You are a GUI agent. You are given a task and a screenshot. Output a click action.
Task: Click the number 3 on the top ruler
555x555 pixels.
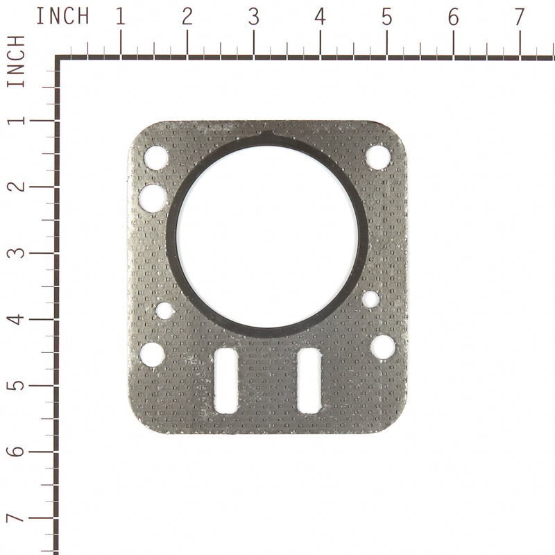click(x=253, y=17)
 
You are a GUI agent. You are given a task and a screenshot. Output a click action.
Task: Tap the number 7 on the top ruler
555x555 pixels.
click(x=520, y=17)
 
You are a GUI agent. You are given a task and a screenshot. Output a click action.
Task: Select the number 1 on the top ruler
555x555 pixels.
click(x=120, y=17)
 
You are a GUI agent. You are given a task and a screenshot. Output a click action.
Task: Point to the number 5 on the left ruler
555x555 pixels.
click(x=17, y=385)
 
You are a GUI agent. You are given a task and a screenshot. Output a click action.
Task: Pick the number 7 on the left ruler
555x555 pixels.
click(x=17, y=518)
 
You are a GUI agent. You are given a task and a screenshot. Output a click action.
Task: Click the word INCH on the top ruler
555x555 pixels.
click(x=62, y=16)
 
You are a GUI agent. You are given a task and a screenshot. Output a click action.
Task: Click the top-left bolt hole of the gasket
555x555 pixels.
click(x=156, y=157)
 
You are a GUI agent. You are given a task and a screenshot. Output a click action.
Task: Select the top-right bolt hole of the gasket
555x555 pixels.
click(x=378, y=156)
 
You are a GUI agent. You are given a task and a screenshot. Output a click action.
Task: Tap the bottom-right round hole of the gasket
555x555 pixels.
click(x=383, y=347)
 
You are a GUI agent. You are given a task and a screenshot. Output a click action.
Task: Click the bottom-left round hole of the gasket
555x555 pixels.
click(x=152, y=355)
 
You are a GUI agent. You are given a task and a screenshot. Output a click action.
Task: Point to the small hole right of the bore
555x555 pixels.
click(x=370, y=299)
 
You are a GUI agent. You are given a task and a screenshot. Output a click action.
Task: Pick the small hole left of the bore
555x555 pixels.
click(x=164, y=310)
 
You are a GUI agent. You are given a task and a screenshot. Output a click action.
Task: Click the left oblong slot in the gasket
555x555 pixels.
click(x=226, y=381)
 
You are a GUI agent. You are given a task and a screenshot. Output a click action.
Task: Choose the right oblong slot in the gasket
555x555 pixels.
click(x=308, y=380)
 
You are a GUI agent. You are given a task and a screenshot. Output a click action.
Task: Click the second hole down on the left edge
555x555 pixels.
click(x=153, y=198)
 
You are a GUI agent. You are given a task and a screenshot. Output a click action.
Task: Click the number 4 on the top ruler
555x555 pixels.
click(x=320, y=17)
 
